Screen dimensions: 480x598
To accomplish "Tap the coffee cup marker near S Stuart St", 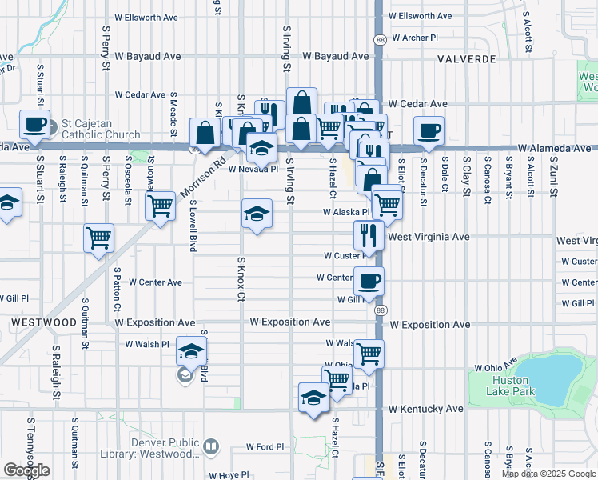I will [x=35, y=125].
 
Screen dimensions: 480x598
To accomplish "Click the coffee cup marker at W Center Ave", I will [x=369, y=282].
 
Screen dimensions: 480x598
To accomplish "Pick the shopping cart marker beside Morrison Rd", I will [x=160, y=206].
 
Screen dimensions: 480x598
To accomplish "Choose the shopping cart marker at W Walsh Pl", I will [x=369, y=354].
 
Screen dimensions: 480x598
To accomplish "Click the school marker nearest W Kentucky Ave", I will [x=313, y=398].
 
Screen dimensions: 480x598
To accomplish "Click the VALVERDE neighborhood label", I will [x=466, y=59].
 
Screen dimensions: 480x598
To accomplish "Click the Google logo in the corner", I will [x=26, y=471].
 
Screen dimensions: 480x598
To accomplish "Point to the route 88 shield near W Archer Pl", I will [x=379, y=38].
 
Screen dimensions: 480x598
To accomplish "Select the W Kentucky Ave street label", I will [x=426, y=409].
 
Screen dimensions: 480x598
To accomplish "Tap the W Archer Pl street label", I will [x=413, y=37].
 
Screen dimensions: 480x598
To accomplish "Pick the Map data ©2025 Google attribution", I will [x=548, y=474].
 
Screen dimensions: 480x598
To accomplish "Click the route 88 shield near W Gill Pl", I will [x=380, y=310].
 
